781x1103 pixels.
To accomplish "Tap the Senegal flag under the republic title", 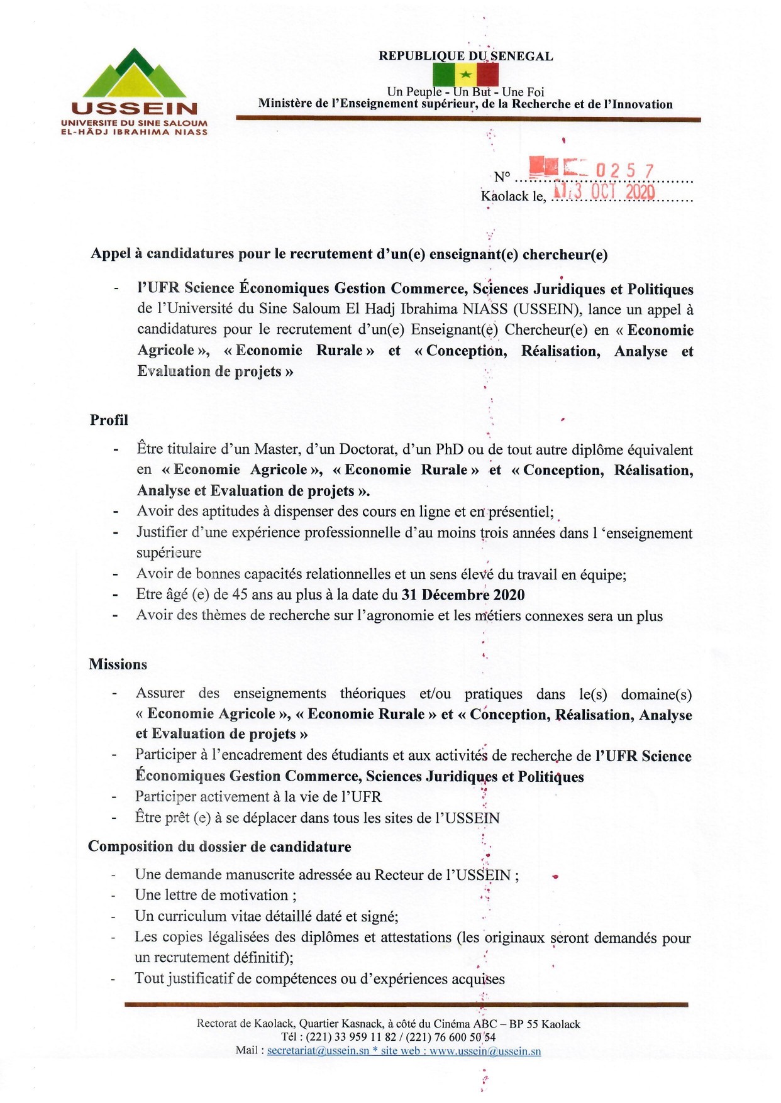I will pyautogui.click(x=465, y=75).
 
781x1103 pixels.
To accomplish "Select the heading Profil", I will pyautogui.click(x=109, y=420).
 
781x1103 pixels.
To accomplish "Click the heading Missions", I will pyautogui.click(x=118, y=664).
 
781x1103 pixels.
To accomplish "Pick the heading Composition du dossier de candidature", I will pyautogui.click(x=219, y=847).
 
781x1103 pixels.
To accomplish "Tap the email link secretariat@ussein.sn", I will pyautogui.click(x=318, y=1051).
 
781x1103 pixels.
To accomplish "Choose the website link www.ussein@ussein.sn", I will pyautogui.click(x=485, y=1051).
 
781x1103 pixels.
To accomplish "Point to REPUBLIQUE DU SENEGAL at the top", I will pyautogui.click(x=466, y=56).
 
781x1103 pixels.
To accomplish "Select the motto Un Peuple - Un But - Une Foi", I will pyautogui.click(x=465, y=92).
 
